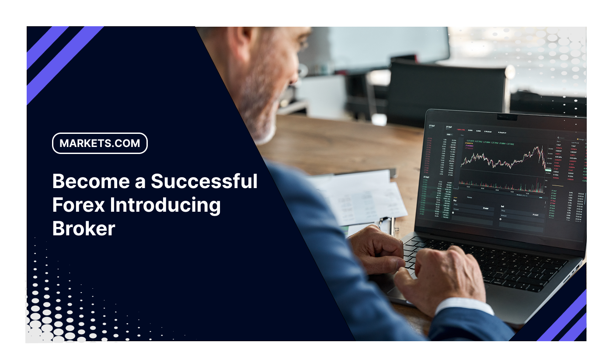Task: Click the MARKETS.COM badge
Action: pyautogui.click(x=100, y=143)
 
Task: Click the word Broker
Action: pyautogui.click(x=84, y=229)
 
